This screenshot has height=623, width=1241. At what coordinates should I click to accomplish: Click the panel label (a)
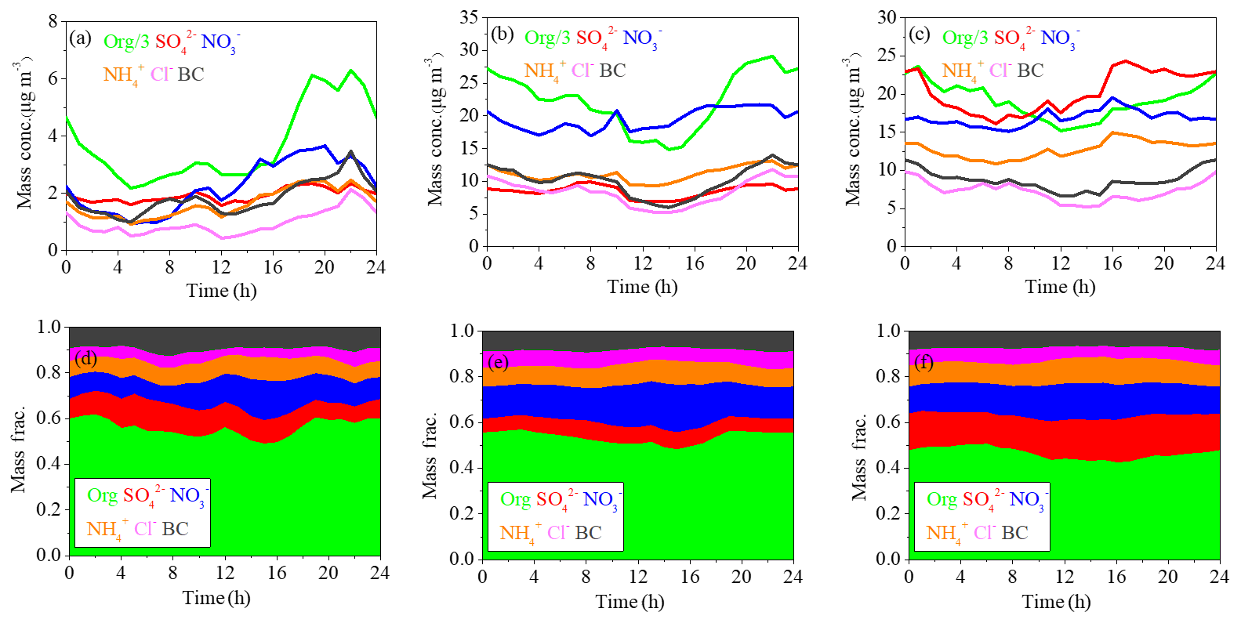pos(80,38)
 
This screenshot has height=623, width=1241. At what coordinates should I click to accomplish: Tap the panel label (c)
pos(918,34)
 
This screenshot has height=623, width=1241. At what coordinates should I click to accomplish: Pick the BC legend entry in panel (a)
pos(191,74)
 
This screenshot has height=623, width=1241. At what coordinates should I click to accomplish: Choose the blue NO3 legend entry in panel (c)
pos(1058,38)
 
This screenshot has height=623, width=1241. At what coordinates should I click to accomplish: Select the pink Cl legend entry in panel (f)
pos(984,533)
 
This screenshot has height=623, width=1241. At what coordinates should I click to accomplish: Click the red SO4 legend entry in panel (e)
pos(552,500)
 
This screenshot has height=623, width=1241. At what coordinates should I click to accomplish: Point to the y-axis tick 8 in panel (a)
pos(53,21)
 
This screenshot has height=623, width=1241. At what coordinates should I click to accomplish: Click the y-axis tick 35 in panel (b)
pos(469,17)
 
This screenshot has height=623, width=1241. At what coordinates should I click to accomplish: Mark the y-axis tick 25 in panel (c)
pos(887,55)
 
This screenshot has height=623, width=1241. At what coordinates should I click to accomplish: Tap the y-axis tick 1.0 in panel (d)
pos(49,327)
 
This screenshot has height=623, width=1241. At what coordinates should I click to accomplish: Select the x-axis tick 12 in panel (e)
pos(637,577)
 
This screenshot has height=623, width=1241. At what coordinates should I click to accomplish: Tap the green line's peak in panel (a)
pos(350,71)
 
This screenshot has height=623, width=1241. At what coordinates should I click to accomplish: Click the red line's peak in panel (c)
pos(1125,61)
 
